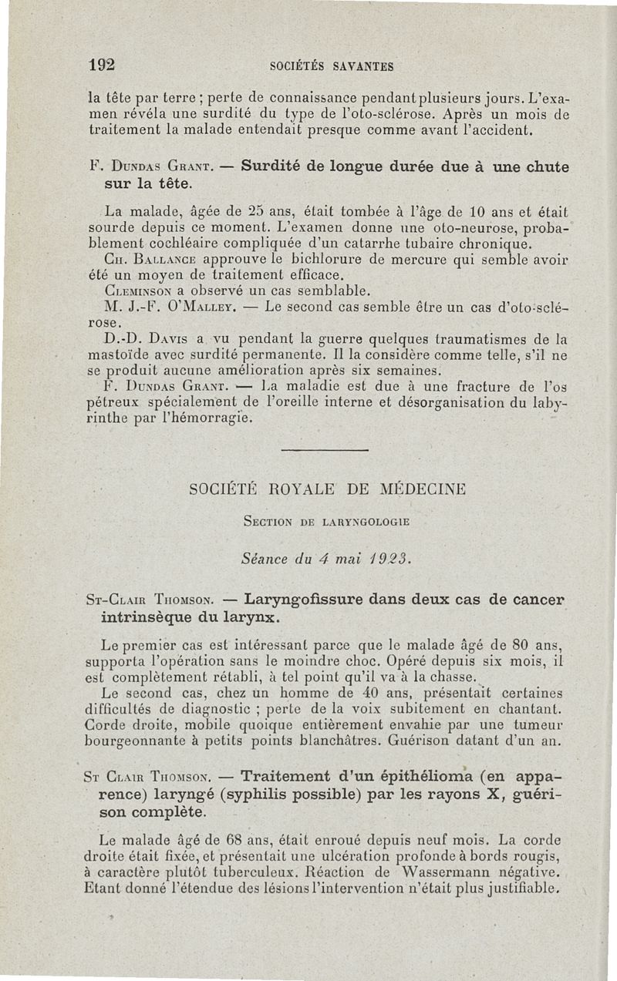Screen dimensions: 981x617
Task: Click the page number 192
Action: coord(102,65)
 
